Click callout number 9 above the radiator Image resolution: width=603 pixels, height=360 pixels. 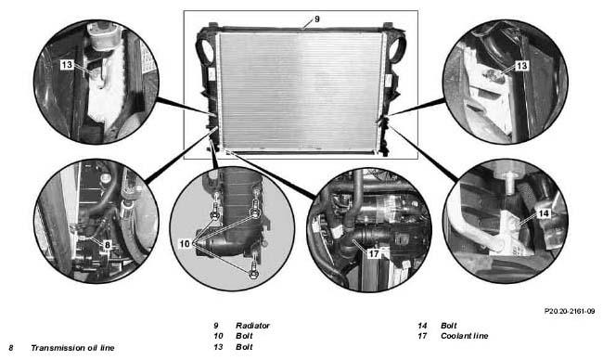click(x=317, y=19)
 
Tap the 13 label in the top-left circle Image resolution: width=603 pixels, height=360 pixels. click(x=67, y=64)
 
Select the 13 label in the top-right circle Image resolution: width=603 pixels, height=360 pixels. click(x=521, y=66)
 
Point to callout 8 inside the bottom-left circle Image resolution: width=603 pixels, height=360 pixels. click(x=108, y=245)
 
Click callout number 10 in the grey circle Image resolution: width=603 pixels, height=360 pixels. click(x=185, y=244)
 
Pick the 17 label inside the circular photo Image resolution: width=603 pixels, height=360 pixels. click(x=374, y=253)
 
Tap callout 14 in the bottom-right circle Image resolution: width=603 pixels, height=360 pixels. click(x=545, y=213)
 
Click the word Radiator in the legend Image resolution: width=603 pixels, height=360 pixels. click(x=252, y=326)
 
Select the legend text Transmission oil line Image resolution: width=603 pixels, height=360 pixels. click(x=72, y=348)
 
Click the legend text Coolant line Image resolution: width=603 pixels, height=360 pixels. click(x=464, y=336)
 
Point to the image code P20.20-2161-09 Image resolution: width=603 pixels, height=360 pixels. click(x=570, y=311)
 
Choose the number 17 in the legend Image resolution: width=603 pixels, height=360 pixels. click(x=422, y=336)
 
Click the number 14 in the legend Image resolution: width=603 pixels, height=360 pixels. click(x=422, y=326)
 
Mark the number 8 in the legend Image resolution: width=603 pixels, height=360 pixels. click(x=11, y=348)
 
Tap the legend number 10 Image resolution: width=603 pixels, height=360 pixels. click(x=218, y=336)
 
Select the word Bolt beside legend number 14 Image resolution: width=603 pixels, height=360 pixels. click(x=449, y=326)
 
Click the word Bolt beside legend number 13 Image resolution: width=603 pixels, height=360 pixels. click(x=244, y=346)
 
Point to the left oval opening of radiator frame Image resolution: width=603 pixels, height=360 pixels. click(x=207, y=49)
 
